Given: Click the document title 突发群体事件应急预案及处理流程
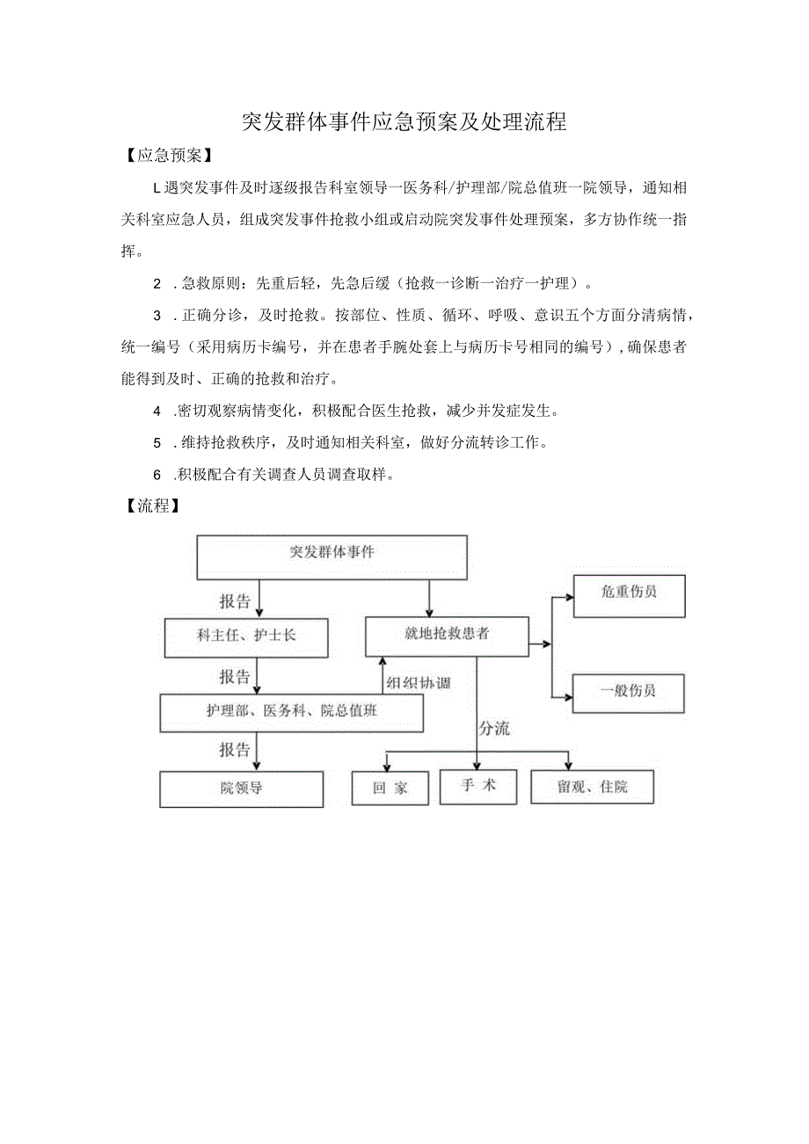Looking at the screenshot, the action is tap(404, 122).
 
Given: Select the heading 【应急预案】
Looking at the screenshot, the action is tap(164, 156).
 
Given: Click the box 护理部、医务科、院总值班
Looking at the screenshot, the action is tap(291, 712).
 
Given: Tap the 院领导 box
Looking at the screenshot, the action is tap(241, 789).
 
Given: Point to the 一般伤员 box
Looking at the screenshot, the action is tap(628, 692).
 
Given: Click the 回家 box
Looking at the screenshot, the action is tap(390, 788).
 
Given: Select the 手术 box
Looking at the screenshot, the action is tap(478, 786).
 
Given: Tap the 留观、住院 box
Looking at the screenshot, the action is tap(592, 787).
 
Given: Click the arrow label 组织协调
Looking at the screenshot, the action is tap(418, 682).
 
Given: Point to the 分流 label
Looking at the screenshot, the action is tap(493, 728).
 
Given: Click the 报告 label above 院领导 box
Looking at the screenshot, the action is tap(235, 750).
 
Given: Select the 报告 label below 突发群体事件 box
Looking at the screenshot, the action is tap(235, 602).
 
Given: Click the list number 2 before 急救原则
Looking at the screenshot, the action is tap(157, 284).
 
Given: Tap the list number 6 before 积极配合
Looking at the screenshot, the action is tap(157, 475).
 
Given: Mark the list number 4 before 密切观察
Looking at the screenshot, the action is tap(157, 411).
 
